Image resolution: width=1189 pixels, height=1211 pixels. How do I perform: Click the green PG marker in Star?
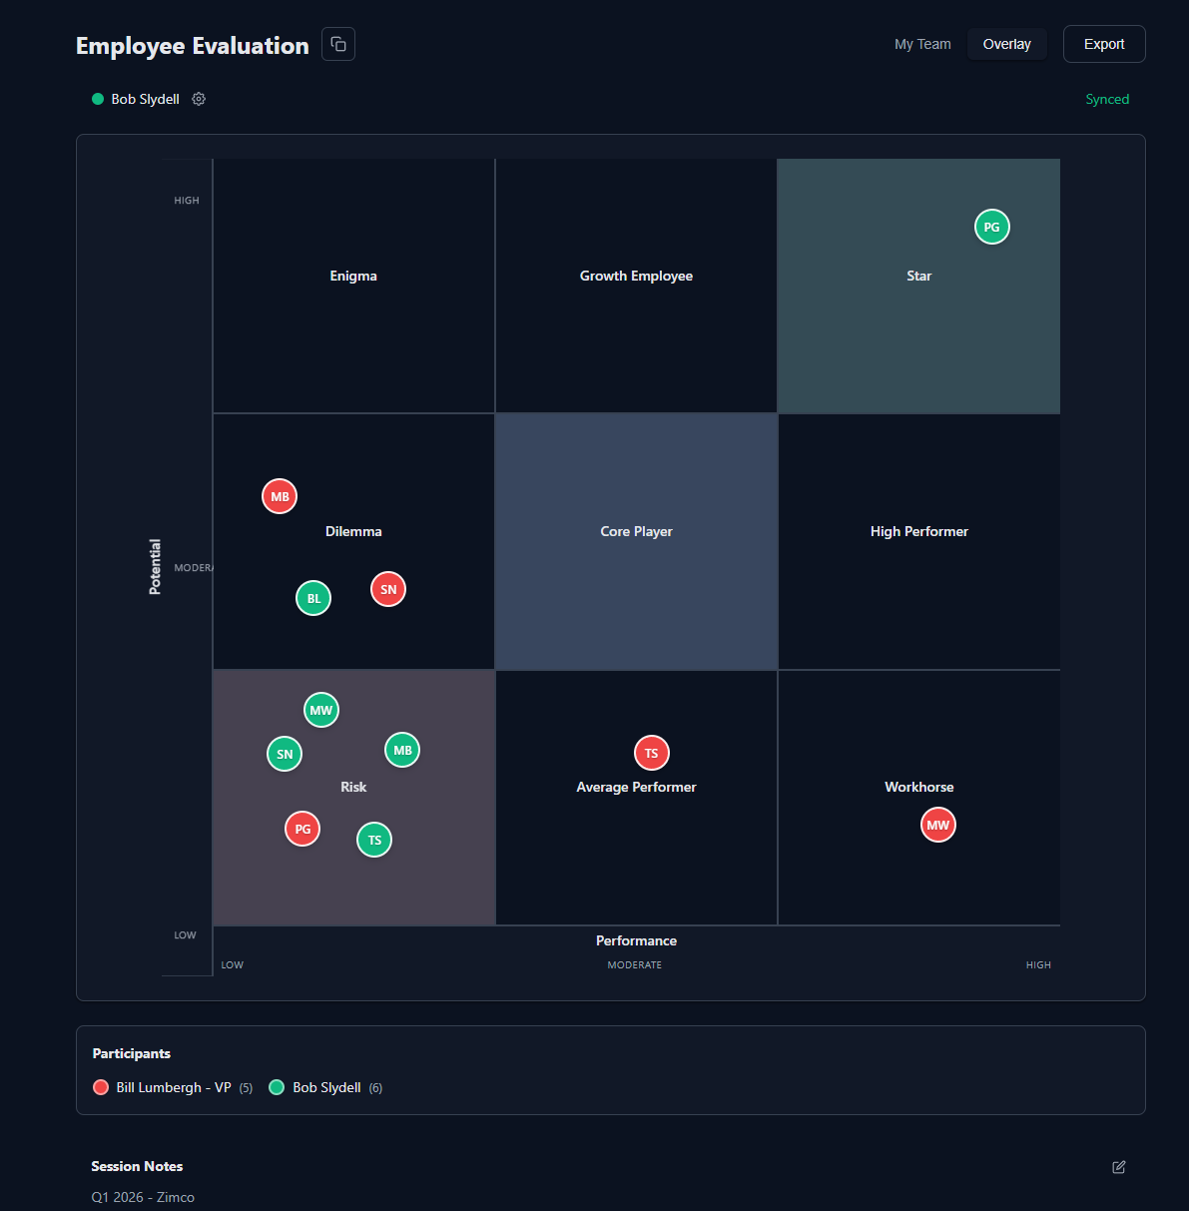click(991, 228)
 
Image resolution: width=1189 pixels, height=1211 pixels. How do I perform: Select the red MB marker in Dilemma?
click(280, 496)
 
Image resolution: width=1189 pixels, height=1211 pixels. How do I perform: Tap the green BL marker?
click(313, 599)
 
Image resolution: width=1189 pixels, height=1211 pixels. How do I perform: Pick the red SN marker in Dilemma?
click(388, 590)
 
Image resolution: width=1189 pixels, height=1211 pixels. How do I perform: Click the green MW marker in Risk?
click(321, 711)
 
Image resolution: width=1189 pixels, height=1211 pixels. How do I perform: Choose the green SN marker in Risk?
click(285, 755)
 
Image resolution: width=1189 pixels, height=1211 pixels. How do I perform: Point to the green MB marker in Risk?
click(402, 751)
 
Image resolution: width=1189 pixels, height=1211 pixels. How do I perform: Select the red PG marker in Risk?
click(302, 830)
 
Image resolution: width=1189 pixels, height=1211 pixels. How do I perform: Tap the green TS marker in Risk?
click(374, 841)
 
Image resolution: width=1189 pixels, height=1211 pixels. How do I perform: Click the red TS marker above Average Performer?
click(652, 754)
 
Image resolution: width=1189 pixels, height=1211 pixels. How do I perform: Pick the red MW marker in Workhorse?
click(938, 826)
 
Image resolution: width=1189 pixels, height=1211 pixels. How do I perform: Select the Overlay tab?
click(1006, 44)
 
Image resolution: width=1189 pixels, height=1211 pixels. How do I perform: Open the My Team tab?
click(922, 44)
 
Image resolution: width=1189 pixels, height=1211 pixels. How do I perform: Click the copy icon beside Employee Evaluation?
click(338, 44)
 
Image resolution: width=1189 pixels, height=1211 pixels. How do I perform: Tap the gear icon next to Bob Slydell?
click(199, 99)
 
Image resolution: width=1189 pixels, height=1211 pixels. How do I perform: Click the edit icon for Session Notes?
click(1119, 1167)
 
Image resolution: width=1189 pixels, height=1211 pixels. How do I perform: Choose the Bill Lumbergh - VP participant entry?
click(173, 1087)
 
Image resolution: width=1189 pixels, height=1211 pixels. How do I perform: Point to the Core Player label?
click(636, 532)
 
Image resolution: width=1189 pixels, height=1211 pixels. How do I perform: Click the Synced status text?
click(1107, 99)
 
